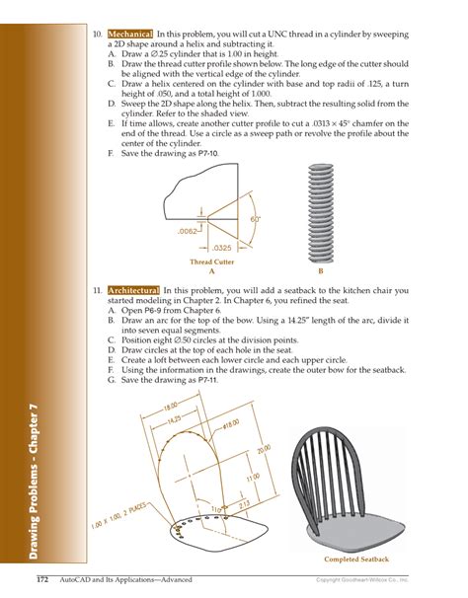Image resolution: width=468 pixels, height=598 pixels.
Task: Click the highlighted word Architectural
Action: [133, 291]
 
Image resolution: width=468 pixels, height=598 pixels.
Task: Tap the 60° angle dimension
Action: [255, 218]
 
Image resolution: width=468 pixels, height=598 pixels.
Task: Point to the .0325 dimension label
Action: [223, 247]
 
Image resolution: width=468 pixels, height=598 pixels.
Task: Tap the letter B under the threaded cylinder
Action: [320, 269]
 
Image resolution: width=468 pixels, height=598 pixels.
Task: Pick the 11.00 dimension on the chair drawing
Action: [252, 478]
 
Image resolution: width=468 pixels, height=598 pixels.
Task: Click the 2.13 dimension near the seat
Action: [245, 505]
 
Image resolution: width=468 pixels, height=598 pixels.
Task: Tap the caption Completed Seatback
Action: [356, 560]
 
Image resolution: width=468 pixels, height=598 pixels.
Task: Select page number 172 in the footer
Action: [44, 578]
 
